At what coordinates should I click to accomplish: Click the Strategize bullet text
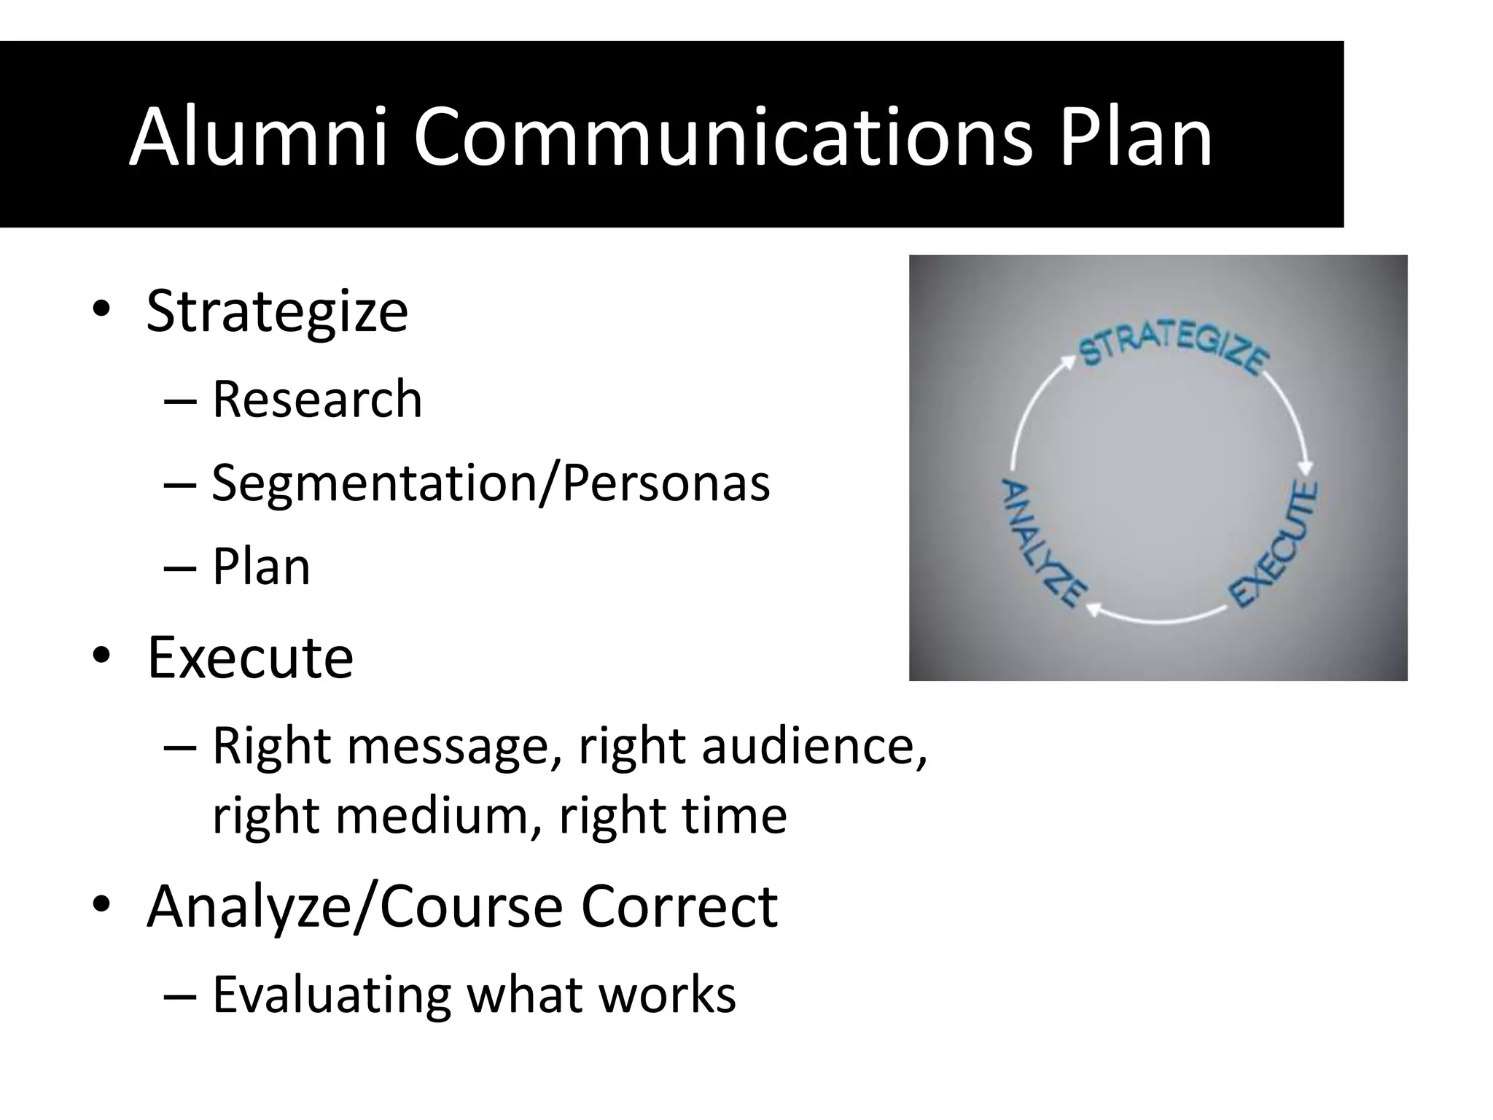click(x=277, y=312)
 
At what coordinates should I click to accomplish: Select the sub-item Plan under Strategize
click(x=261, y=567)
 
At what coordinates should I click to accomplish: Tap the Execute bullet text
click(x=250, y=658)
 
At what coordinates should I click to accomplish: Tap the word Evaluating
click(x=332, y=995)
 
